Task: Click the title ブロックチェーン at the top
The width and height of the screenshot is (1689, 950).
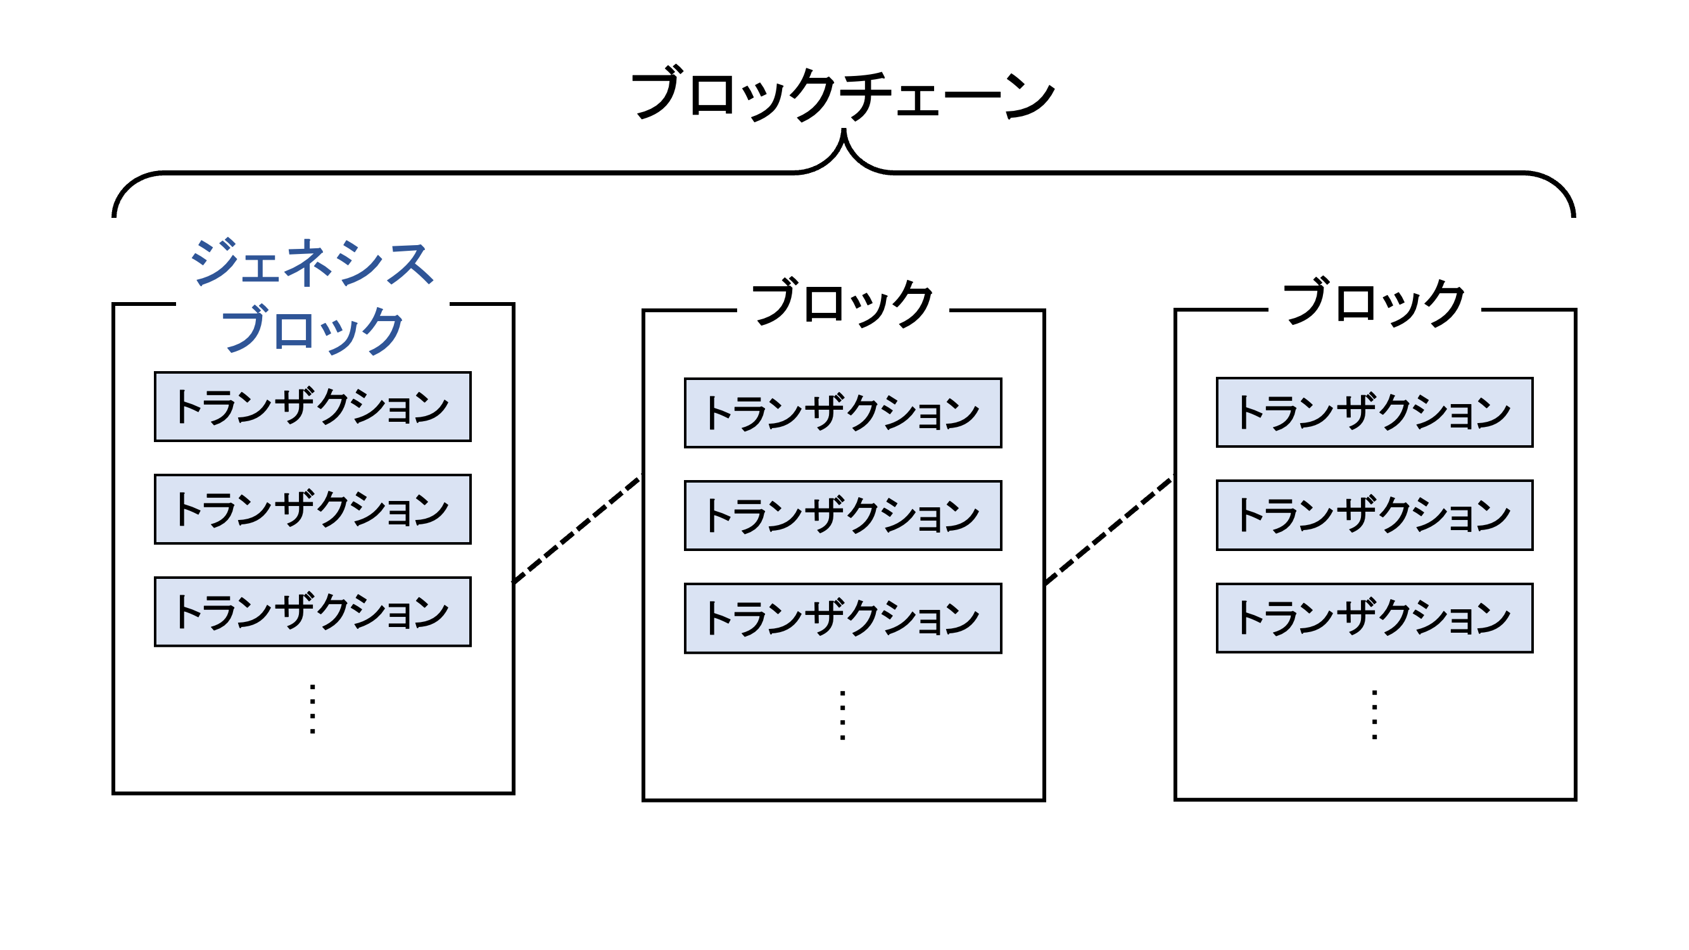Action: pos(842,95)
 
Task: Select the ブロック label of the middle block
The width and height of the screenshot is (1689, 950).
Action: pos(842,303)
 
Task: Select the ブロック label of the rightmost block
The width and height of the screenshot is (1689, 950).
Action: pos(1374,303)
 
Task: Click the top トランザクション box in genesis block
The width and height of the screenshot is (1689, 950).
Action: pos(313,407)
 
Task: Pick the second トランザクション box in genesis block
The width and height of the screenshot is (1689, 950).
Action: pos(313,509)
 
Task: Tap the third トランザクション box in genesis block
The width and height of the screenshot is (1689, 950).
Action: pos(313,612)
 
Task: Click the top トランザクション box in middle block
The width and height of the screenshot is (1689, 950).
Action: pos(842,413)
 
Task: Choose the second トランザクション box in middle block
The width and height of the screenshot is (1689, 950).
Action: pos(842,516)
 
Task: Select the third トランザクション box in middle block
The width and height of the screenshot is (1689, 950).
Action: pos(842,618)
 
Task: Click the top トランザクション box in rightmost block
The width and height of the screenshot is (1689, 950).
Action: pos(1374,412)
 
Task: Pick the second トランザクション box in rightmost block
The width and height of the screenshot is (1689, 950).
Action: pos(1374,515)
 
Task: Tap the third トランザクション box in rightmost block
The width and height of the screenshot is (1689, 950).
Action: pos(1374,617)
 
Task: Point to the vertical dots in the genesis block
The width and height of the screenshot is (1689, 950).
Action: pos(313,709)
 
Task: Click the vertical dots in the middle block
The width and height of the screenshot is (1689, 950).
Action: pos(842,714)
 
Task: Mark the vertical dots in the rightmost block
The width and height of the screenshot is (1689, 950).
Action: pos(1374,714)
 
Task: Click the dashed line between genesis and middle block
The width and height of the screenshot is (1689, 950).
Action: pos(577,529)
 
